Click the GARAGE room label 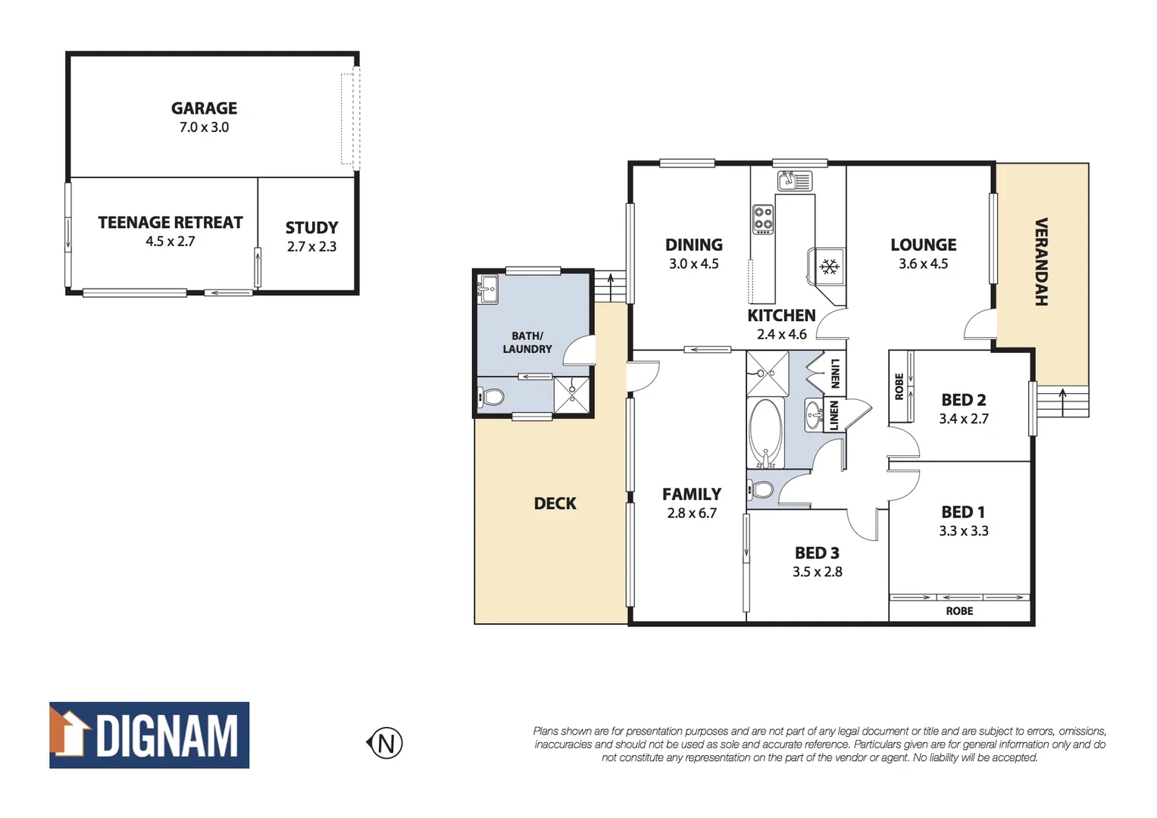pyautogui.click(x=204, y=108)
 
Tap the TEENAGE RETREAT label pyautogui.click(x=170, y=223)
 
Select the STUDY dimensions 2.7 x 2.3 pyautogui.click(x=311, y=247)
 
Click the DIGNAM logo pyautogui.click(x=149, y=735)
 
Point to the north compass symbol pyautogui.click(x=385, y=743)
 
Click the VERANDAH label pyautogui.click(x=1041, y=261)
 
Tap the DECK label pyautogui.click(x=555, y=504)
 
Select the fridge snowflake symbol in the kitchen pyautogui.click(x=830, y=267)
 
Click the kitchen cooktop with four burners pyautogui.click(x=762, y=219)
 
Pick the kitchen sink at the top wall pyautogui.click(x=794, y=181)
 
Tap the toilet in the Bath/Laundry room pyautogui.click(x=492, y=397)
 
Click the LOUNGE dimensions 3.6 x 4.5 pyautogui.click(x=923, y=264)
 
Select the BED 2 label pyautogui.click(x=963, y=400)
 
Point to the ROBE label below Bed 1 pyautogui.click(x=959, y=611)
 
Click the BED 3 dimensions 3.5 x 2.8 pyautogui.click(x=817, y=573)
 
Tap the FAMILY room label pyautogui.click(x=691, y=495)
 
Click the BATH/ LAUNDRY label pyautogui.click(x=527, y=342)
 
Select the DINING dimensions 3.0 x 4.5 pyautogui.click(x=693, y=264)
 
